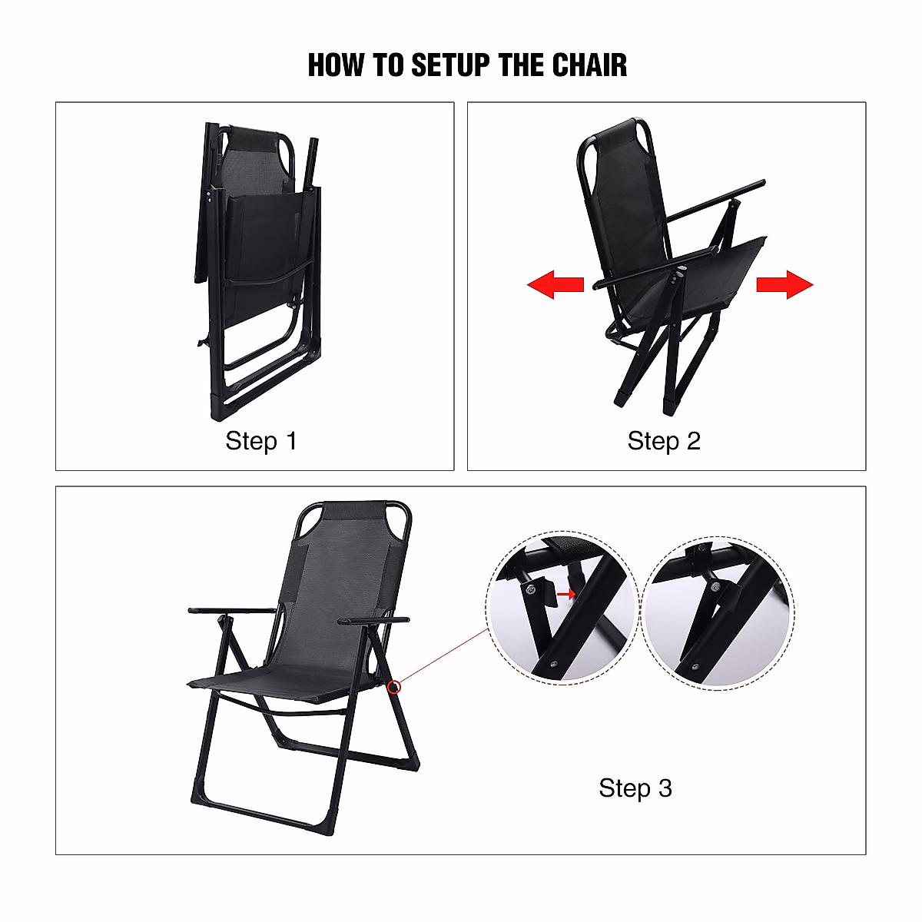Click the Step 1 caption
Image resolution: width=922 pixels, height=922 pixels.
tap(260, 441)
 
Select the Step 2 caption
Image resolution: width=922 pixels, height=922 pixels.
tap(664, 441)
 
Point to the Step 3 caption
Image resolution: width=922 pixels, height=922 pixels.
tap(635, 788)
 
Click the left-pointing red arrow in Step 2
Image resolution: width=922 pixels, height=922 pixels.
tap(555, 285)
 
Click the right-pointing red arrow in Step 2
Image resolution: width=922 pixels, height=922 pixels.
tap(784, 285)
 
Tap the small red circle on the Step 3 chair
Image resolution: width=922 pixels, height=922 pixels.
tap(394, 687)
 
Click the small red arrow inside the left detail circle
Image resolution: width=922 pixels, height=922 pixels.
tap(565, 594)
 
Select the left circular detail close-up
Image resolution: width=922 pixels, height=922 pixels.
tap(562, 608)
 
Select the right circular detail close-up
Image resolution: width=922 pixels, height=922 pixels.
tap(718, 612)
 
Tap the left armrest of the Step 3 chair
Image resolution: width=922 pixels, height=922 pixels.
tap(230, 611)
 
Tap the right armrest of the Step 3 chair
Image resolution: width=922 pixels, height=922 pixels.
tap(374, 619)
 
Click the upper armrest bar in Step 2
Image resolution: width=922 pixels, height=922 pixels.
tap(715, 201)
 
